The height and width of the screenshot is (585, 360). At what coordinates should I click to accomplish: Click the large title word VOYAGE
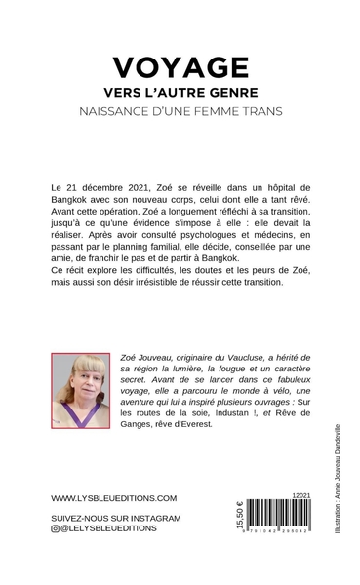pyautogui.click(x=180, y=66)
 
